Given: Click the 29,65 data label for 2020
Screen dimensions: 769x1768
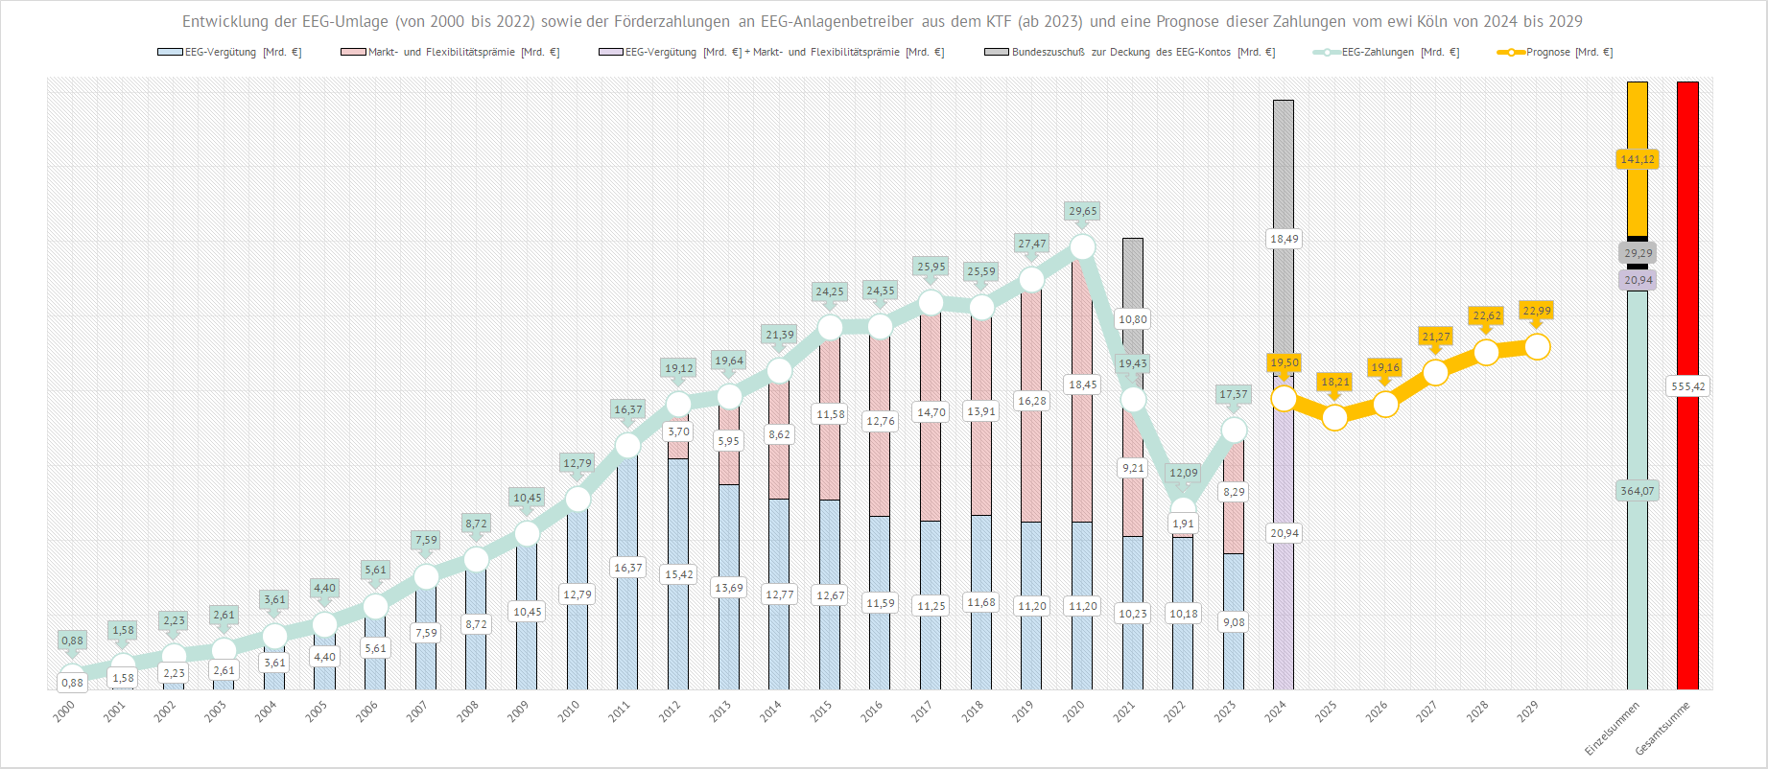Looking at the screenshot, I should coord(1082,211).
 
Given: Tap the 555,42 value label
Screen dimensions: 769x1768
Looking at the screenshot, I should coord(1687,386).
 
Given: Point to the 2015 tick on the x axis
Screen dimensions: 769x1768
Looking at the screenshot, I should coord(821,711).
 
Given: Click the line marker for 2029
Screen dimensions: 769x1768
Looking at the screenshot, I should coord(1537,346).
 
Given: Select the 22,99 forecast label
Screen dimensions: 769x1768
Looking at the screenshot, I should coord(1536,311).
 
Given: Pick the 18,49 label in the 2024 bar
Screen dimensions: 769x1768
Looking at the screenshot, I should coord(1284,239).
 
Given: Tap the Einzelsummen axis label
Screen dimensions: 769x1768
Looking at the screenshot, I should coord(1612,728).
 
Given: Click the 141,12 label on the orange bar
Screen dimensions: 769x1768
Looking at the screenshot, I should coord(1637,159).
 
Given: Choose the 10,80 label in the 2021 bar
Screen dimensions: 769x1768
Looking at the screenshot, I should coord(1132,319).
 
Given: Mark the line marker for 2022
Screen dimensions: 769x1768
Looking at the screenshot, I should coord(1184,508).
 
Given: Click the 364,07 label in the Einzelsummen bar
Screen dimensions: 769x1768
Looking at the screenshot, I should coord(1637,491).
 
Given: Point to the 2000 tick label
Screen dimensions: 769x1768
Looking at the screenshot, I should coord(64,711).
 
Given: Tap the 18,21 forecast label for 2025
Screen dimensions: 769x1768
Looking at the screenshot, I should coord(1334,382).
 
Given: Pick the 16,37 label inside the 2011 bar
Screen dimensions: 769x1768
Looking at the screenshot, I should coord(627,568).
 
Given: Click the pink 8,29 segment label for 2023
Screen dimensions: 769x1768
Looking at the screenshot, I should coord(1234,492).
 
